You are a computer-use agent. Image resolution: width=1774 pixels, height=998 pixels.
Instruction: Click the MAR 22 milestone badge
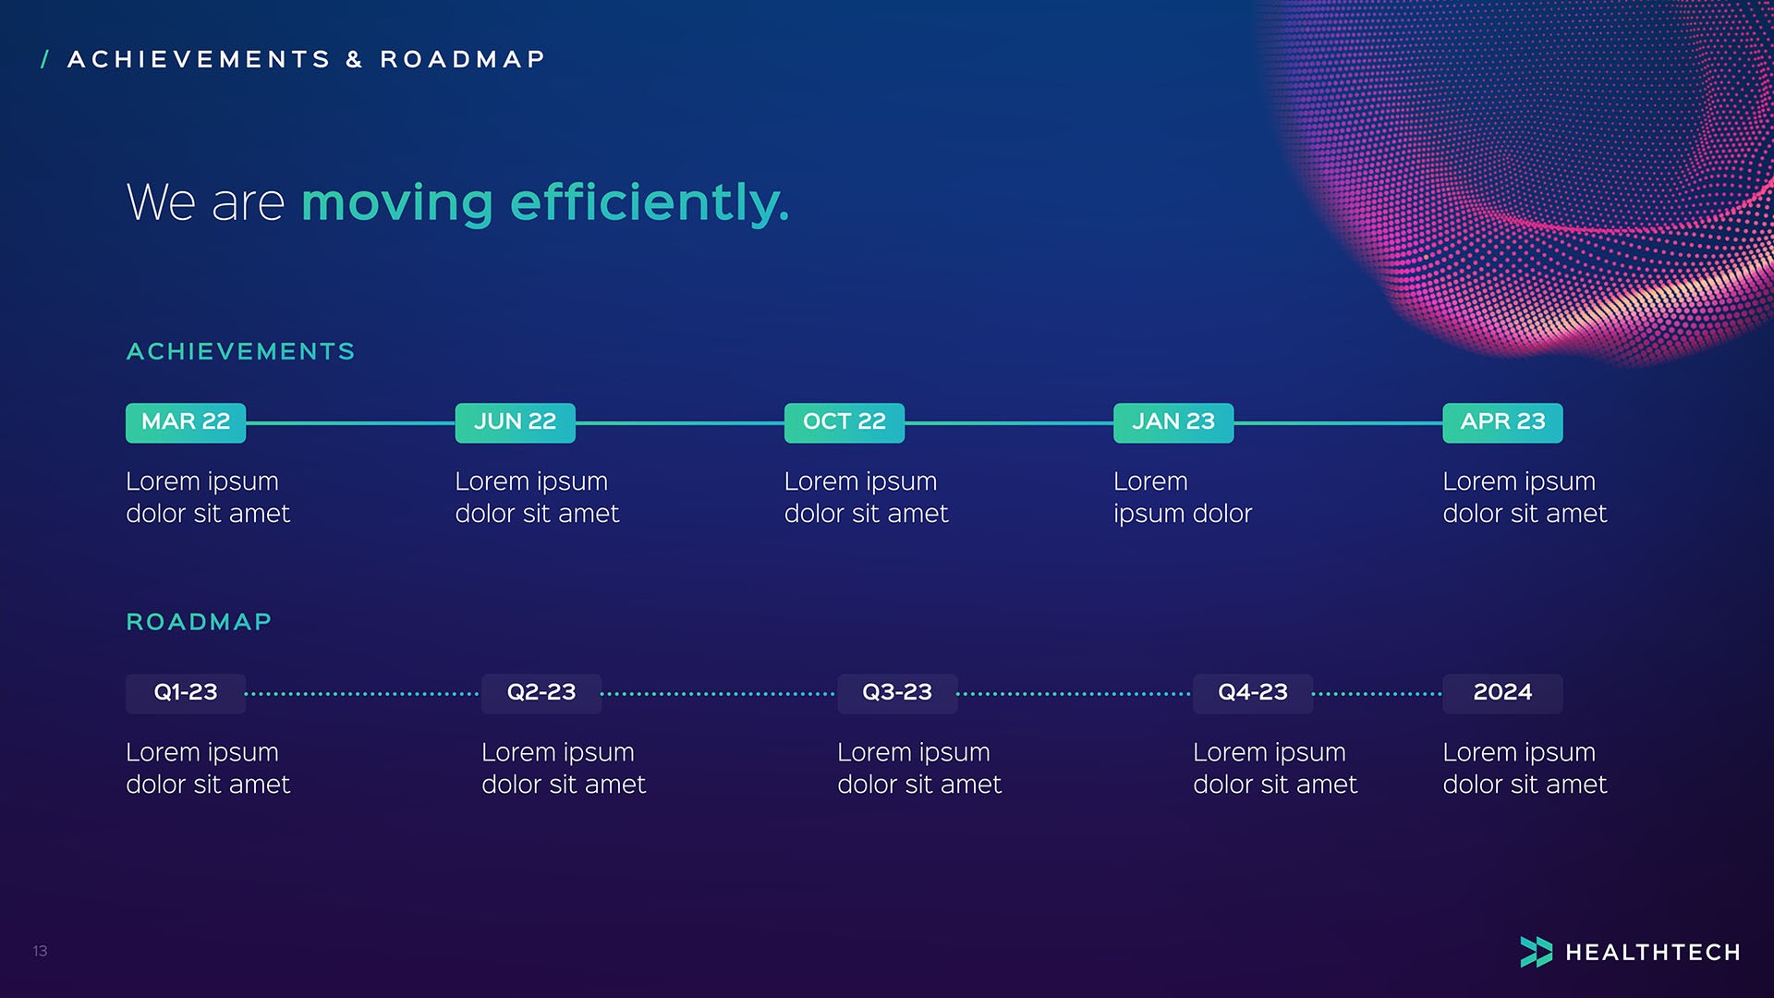(x=186, y=422)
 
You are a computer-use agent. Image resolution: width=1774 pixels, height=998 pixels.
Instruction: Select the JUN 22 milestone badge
(x=515, y=422)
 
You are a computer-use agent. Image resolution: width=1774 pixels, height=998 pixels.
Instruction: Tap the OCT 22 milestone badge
(x=844, y=422)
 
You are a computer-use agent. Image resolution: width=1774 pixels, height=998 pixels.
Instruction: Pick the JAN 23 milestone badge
(x=1173, y=422)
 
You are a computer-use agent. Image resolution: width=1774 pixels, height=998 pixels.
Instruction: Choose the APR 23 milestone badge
(x=1502, y=422)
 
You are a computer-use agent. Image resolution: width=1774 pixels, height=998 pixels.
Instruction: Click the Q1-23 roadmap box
(x=186, y=693)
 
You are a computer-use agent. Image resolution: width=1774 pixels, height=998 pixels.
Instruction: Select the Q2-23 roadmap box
(x=541, y=693)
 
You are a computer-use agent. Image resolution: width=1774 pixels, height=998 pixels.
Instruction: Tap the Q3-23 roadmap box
(x=897, y=693)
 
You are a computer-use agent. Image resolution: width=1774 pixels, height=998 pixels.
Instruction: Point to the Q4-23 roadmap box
(x=1253, y=693)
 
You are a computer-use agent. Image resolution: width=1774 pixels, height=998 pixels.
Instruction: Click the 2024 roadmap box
(x=1502, y=693)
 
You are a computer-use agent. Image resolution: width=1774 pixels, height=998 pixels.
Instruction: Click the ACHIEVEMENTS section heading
(x=240, y=352)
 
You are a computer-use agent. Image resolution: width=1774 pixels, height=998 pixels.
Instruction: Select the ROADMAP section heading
(x=199, y=622)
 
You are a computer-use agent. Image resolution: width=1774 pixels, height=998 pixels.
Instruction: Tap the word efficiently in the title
(x=650, y=202)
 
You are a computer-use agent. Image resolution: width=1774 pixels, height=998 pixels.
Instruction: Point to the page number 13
(x=40, y=951)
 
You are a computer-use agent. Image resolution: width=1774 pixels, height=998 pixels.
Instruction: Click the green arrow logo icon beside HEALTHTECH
(x=1536, y=952)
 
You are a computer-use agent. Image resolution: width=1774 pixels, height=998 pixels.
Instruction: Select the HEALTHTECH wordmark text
(x=1653, y=953)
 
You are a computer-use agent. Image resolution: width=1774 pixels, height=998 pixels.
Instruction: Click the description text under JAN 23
(x=1182, y=497)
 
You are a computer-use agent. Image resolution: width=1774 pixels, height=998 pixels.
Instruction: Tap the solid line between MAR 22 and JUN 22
(x=350, y=423)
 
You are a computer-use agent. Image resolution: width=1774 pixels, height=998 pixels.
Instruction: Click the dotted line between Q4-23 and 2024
(x=1377, y=694)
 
